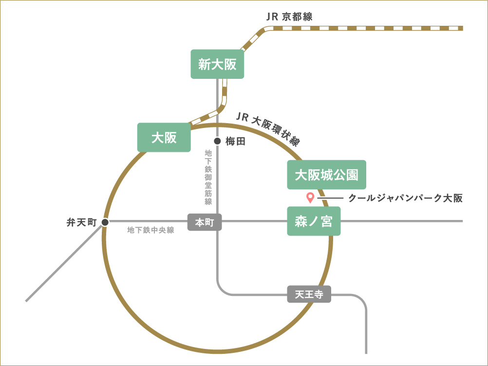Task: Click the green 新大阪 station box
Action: point(217,64)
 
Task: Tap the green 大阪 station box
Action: point(164,138)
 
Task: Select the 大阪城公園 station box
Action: point(326,175)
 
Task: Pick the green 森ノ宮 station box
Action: point(314,221)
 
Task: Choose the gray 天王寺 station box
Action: point(309,294)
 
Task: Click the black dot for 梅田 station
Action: point(217,142)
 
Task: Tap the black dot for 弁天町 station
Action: point(105,222)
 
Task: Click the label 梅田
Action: point(235,142)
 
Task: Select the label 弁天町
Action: point(82,222)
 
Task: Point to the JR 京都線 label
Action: point(289,16)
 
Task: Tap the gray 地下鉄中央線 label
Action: point(150,230)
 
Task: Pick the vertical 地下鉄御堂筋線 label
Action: point(208,177)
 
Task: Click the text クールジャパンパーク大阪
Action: point(405,198)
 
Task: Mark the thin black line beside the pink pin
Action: point(331,198)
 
